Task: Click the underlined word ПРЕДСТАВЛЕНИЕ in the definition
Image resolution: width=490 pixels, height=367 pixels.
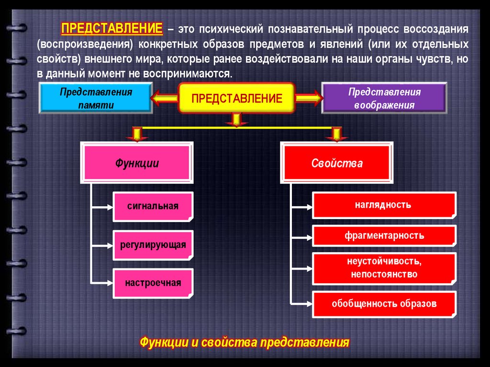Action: [112, 28]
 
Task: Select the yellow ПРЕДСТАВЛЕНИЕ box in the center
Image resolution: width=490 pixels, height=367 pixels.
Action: [236, 99]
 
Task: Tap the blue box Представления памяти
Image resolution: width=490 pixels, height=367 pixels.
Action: [96, 99]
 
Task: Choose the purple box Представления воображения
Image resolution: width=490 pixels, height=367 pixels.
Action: [384, 99]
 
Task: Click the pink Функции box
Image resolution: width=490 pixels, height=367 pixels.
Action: [137, 164]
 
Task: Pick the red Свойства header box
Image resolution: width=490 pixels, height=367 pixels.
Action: [337, 164]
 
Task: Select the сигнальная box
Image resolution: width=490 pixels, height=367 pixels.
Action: [153, 206]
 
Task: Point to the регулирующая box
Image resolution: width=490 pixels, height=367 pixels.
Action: [153, 245]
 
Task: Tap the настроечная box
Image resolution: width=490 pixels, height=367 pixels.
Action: [153, 282]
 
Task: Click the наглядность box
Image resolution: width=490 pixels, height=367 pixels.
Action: [384, 205]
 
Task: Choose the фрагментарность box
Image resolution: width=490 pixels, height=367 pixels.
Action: [384, 236]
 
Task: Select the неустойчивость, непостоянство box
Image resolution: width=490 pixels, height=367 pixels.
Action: [384, 268]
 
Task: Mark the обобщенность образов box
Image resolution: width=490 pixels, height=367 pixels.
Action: [384, 303]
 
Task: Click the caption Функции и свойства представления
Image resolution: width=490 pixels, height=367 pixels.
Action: [245, 343]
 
